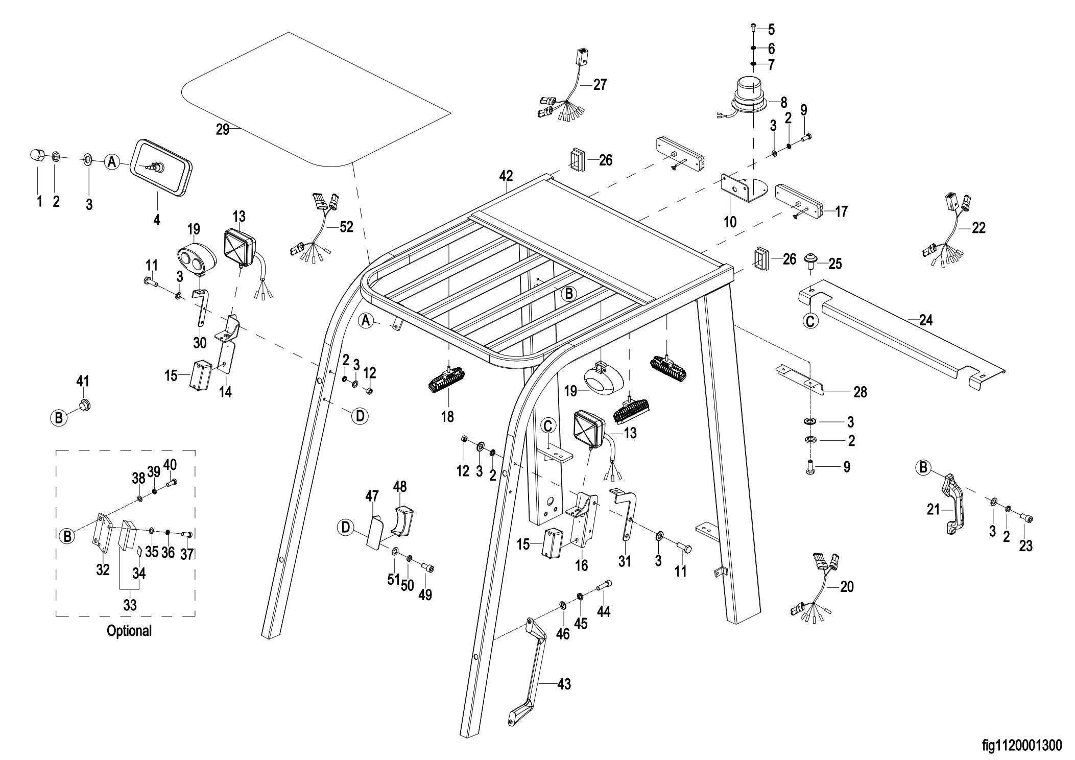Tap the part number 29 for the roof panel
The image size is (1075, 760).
tap(223, 129)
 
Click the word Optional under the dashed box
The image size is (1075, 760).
tap(129, 631)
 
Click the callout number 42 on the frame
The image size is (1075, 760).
tap(506, 176)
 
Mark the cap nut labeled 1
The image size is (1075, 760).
tap(36, 154)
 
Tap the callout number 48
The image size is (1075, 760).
tap(399, 487)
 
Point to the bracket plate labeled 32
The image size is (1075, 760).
tap(102, 534)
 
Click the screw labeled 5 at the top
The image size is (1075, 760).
tap(754, 28)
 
